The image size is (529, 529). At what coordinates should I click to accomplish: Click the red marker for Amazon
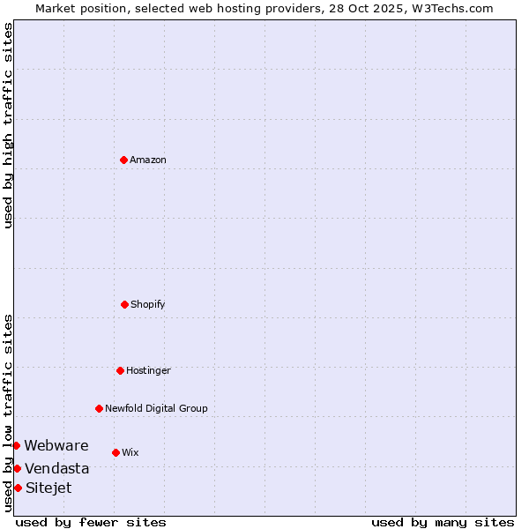coord(123,160)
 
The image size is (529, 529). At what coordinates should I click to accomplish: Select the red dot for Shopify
coord(124,304)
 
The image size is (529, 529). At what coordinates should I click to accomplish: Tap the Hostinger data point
coord(120,370)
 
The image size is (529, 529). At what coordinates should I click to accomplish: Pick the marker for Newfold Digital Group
coord(99,408)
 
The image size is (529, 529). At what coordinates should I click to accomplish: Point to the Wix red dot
coord(115,452)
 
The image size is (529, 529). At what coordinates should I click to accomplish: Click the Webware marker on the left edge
coord(16,445)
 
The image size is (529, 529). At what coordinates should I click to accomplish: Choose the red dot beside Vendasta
coord(17,468)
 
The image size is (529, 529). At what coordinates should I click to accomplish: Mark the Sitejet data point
coord(18,488)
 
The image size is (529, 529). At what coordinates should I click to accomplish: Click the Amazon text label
coord(148,160)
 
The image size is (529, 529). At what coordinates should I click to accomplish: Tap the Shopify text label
coord(148,304)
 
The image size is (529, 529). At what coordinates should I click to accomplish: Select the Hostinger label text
coord(148,370)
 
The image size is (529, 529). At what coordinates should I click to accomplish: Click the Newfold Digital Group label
coord(156,408)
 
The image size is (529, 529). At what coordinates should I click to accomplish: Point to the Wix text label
coord(130,452)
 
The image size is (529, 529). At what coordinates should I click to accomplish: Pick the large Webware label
coord(56,445)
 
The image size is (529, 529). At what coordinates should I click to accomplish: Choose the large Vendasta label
coord(57,468)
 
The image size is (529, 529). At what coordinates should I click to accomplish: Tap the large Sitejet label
coord(48,488)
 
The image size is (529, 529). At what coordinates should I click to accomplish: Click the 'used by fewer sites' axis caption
coord(91,522)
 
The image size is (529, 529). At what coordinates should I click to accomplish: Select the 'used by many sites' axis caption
coord(443,522)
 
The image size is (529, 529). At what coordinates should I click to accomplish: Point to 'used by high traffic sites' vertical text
coord(8,125)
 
